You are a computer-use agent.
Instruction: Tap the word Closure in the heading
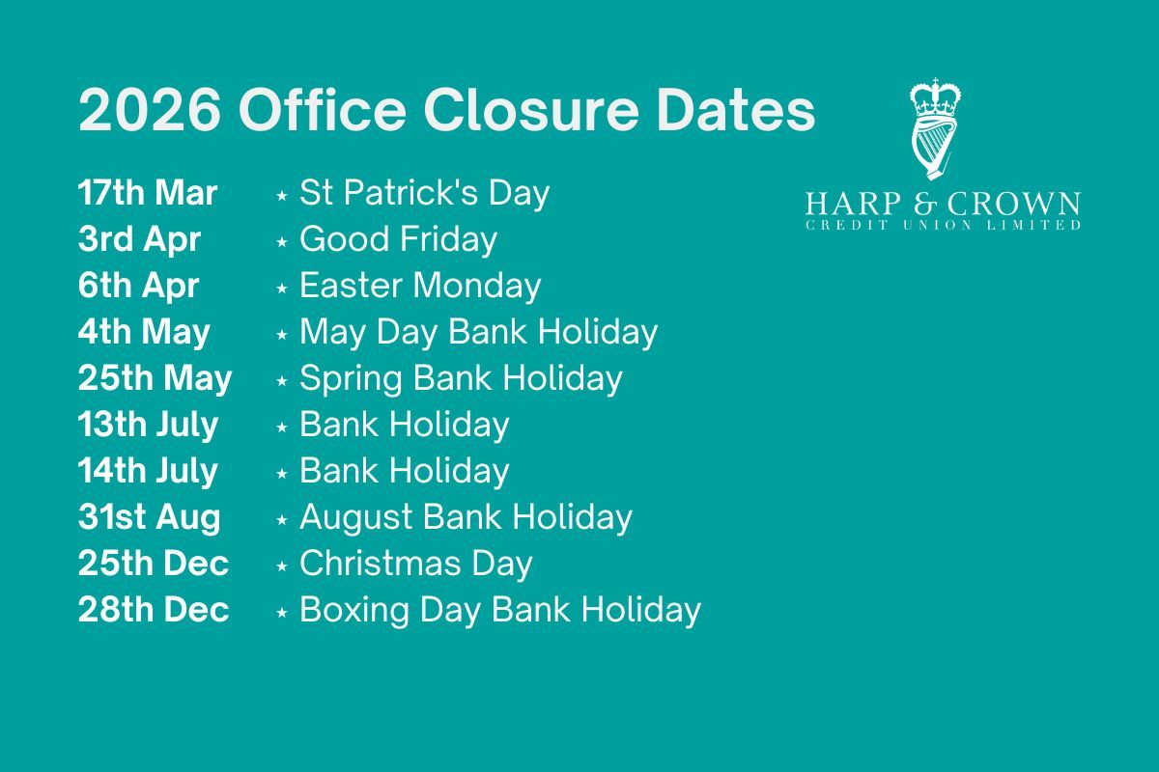point(531,111)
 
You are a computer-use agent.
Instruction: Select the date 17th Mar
point(148,193)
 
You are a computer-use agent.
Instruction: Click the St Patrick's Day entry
point(424,193)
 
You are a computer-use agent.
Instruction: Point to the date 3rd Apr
point(139,240)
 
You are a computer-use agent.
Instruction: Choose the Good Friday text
point(398,240)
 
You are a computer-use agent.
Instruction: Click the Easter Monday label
point(420,286)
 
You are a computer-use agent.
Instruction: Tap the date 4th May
point(144,333)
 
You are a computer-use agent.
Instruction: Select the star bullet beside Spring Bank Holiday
point(282,381)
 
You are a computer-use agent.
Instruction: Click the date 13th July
point(148,425)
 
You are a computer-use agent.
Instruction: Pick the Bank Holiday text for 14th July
point(404,471)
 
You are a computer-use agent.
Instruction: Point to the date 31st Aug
point(149,517)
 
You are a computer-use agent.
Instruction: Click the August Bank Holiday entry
point(466,517)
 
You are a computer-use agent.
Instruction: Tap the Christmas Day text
point(416,564)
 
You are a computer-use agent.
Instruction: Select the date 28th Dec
point(154,610)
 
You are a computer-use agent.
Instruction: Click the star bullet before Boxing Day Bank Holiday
point(282,613)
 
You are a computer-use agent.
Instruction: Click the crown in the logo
point(936,97)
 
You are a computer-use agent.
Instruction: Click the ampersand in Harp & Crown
point(925,204)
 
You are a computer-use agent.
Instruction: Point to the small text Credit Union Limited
point(943,225)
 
